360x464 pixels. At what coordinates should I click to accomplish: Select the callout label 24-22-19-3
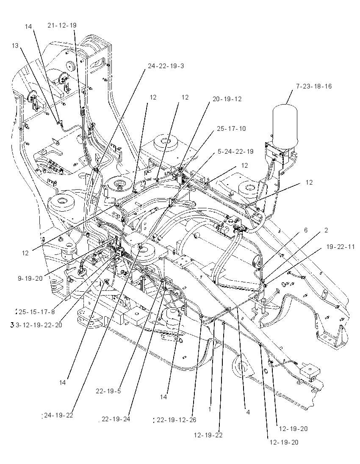pyautogui.click(x=166, y=66)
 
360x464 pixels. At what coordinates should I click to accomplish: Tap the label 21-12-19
pyautogui.click(x=62, y=25)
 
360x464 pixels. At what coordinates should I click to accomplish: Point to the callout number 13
pyautogui.click(x=15, y=46)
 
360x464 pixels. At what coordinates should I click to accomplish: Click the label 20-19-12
pyautogui.click(x=227, y=99)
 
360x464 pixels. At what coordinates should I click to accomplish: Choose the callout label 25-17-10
pyautogui.click(x=231, y=129)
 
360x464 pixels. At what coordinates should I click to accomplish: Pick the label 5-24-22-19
pyautogui.click(x=235, y=152)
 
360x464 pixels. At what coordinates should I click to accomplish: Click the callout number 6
pyautogui.click(x=306, y=230)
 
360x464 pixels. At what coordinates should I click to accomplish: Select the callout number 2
pyautogui.click(x=326, y=230)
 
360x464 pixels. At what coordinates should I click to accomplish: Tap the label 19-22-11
pyautogui.click(x=340, y=246)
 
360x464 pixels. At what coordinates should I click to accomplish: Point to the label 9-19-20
pyautogui.click(x=30, y=279)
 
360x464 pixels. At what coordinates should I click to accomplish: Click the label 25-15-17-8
pyautogui.click(x=36, y=312)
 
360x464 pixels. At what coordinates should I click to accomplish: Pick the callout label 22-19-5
pyautogui.click(x=108, y=391)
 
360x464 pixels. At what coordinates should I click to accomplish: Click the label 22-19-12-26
pyautogui.click(x=177, y=420)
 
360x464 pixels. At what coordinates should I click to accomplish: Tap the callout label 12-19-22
pyautogui.click(x=208, y=435)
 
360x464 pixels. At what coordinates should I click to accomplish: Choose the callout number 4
pyautogui.click(x=248, y=412)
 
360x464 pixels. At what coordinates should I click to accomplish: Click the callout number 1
pyautogui.click(x=210, y=409)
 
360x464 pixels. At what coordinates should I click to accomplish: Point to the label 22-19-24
pyautogui.click(x=116, y=419)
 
